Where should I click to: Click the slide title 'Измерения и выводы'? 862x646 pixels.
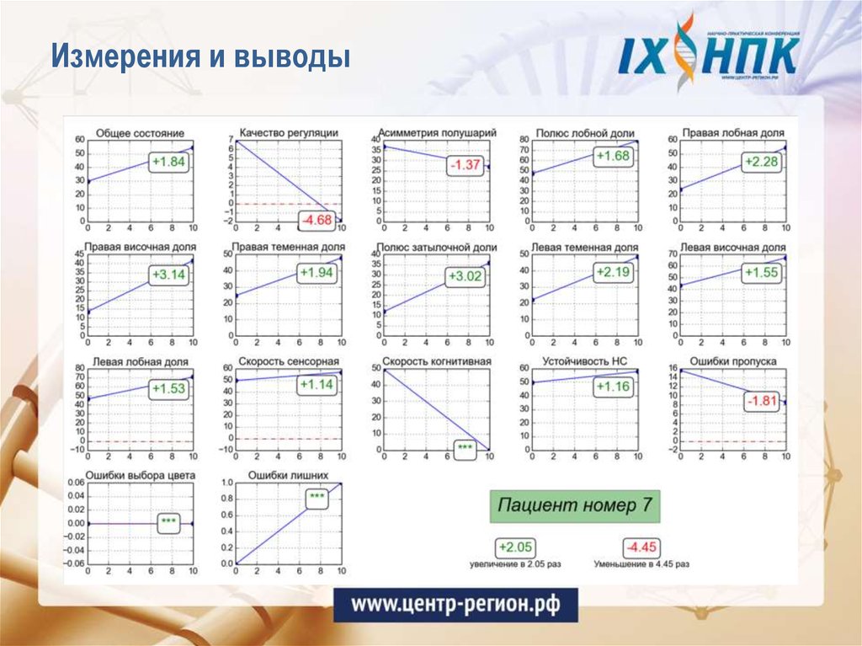click(x=200, y=59)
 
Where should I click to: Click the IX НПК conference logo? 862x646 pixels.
click(x=710, y=52)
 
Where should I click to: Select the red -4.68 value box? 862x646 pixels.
click(x=318, y=221)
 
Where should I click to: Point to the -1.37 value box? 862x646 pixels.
click(x=465, y=165)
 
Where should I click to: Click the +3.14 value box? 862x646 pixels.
click(x=168, y=275)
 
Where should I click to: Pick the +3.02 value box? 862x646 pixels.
click(x=465, y=276)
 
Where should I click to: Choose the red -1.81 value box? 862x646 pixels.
click(x=761, y=400)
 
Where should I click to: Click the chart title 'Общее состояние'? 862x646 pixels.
click(x=141, y=133)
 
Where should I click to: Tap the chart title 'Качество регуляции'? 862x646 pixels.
click(x=289, y=132)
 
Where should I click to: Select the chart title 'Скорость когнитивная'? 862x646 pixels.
click(x=437, y=361)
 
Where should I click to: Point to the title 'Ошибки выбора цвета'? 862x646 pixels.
click(x=141, y=475)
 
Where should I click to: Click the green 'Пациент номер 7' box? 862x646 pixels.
click(x=575, y=505)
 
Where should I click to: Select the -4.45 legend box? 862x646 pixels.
click(x=641, y=547)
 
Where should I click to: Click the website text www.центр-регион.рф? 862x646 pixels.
click(x=455, y=604)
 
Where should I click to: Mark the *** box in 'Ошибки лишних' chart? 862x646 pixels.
click(x=317, y=498)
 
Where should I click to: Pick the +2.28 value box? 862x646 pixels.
click(x=761, y=162)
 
